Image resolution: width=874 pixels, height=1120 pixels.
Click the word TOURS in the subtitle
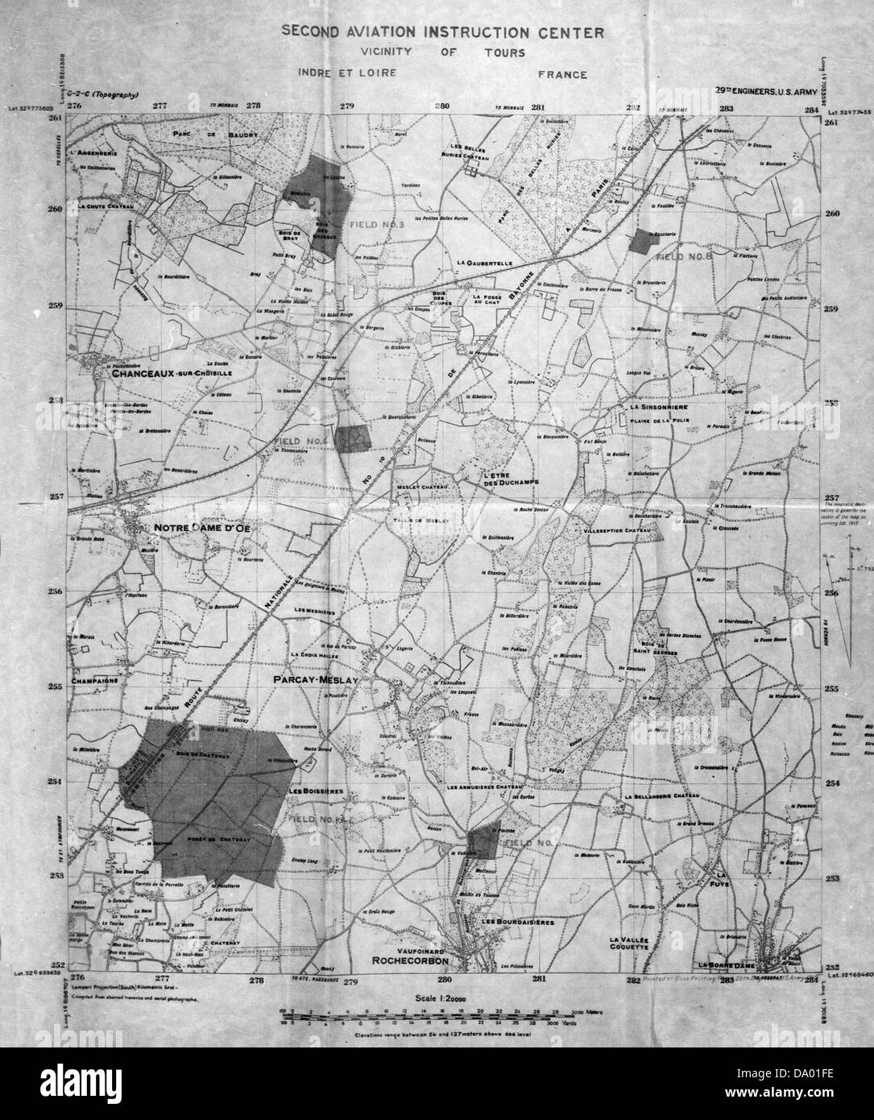click(x=505, y=53)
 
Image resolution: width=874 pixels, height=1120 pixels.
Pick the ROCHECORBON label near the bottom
click(x=409, y=961)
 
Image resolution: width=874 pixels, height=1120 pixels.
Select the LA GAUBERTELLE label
click(x=484, y=263)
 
